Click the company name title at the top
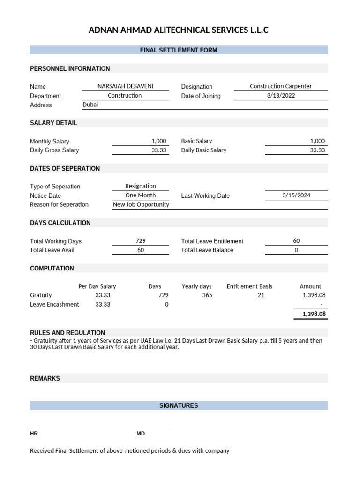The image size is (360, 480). (179, 30)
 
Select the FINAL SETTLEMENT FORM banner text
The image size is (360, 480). (179, 50)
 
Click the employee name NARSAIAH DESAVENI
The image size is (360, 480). (125, 86)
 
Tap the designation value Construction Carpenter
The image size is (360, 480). (280, 86)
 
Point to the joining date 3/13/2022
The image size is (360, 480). (281, 96)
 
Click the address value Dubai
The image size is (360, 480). (90, 105)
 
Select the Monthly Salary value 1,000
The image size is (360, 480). (159, 141)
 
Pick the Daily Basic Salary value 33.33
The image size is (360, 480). (317, 150)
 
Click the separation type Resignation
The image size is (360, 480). (141, 186)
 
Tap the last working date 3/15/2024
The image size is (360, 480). (296, 195)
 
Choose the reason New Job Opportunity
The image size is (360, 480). (141, 204)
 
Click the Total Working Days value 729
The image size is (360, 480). (141, 241)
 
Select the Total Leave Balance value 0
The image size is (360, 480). (296, 250)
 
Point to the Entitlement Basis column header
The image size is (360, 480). (249, 286)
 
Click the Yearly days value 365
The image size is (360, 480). (207, 295)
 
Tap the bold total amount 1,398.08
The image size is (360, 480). (314, 314)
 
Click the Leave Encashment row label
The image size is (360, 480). (54, 304)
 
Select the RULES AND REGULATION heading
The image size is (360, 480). (67, 333)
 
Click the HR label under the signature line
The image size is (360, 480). (34, 434)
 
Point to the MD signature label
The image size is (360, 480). (141, 434)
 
